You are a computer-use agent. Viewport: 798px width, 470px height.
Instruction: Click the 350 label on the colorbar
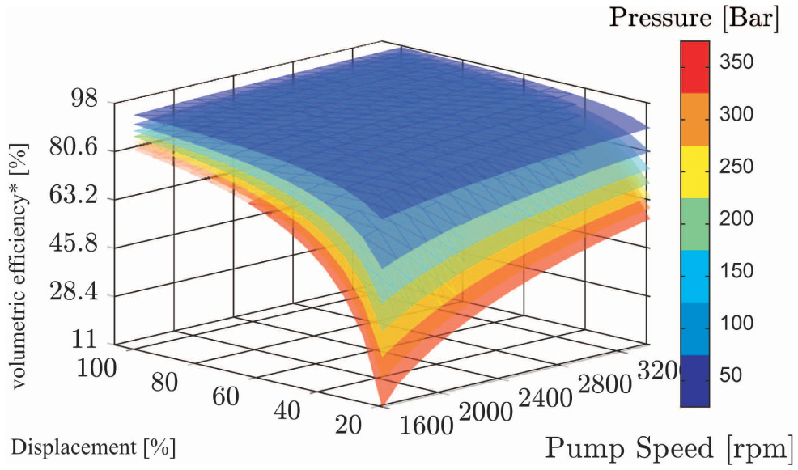coord(736,62)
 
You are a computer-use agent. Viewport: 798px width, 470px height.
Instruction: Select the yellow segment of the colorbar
coord(694,171)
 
